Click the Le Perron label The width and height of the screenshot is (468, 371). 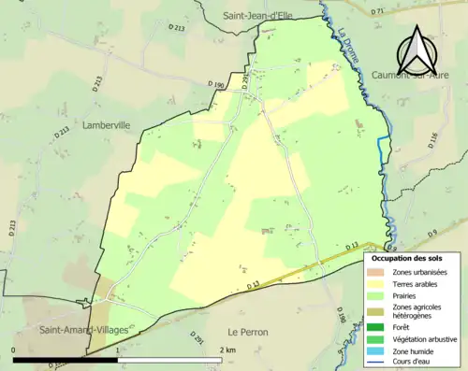[x=248, y=332]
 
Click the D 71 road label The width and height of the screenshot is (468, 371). [x=378, y=11]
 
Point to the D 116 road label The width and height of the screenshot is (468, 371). [x=432, y=139]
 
